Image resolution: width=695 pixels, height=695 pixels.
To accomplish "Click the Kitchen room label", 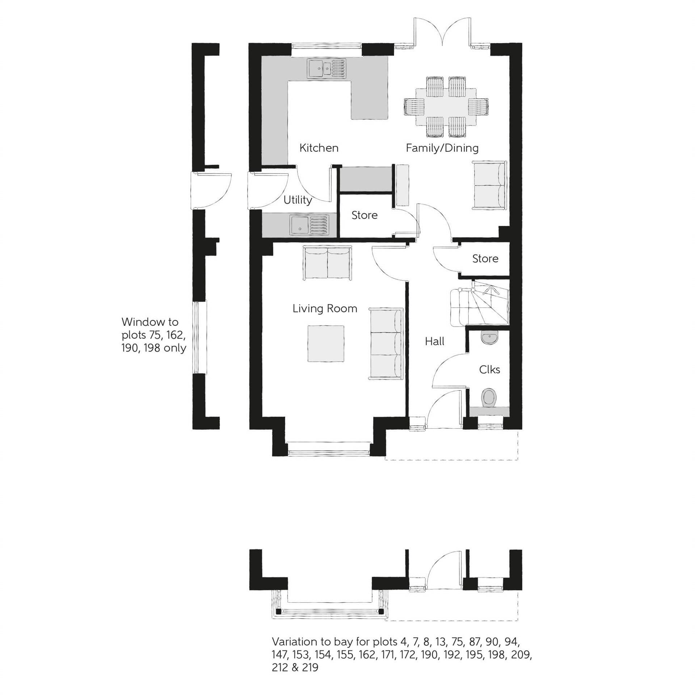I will tap(319, 148).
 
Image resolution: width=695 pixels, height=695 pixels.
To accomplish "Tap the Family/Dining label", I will tap(442, 148).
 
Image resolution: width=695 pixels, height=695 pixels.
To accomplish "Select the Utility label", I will tap(298, 200).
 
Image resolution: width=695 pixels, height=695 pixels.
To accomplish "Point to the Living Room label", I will tap(325, 308).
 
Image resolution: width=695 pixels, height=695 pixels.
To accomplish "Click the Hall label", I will tap(434, 341).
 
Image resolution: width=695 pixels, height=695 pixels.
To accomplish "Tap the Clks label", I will tap(489, 370).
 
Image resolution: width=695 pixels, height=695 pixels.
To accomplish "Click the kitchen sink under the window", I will tap(327, 68).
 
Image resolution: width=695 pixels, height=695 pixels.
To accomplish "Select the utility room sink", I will tap(309, 224).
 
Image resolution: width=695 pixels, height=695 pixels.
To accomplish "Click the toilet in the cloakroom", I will tap(489, 397).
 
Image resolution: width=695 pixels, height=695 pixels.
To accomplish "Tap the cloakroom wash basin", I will tap(489, 338).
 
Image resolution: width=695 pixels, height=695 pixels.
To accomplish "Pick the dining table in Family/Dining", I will tap(446, 107).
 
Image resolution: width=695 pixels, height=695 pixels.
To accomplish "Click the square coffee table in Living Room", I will tap(326, 344).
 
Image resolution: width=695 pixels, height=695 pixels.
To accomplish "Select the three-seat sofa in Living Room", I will tap(386, 344).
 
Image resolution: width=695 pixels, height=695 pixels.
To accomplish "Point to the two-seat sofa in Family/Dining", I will tap(489, 185).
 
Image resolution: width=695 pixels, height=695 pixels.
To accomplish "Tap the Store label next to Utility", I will tap(364, 215).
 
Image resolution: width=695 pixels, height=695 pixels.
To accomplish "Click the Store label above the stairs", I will tap(485, 258).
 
